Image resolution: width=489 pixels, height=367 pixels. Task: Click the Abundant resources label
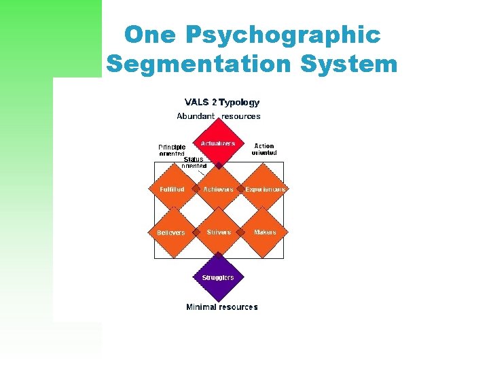click(x=218, y=116)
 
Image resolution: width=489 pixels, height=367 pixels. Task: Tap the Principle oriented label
click(x=172, y=150)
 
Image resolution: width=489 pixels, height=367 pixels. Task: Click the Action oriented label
click(x=264, y=149)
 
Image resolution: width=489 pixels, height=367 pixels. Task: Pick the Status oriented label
click(x=194, y=162)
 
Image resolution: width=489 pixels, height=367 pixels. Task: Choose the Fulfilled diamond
click(x=172, y=190)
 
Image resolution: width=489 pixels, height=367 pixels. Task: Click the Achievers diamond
click(x=218, y=190)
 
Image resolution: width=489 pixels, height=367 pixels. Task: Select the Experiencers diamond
click(x=265, y=190)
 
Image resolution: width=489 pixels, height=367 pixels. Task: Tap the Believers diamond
click(x=171, y=233)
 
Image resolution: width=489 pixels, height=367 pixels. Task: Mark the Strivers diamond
click(x=218, y=233)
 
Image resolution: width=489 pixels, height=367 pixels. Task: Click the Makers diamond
click(x=265, y=233)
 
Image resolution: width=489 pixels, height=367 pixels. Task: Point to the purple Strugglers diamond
click(x=218, y=277)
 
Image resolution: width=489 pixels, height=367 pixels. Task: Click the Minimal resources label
click(x=222, y=307)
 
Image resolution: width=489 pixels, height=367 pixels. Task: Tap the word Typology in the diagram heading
click(x=239, y=103)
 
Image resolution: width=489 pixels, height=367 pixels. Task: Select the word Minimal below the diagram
click(x=202, y=307)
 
